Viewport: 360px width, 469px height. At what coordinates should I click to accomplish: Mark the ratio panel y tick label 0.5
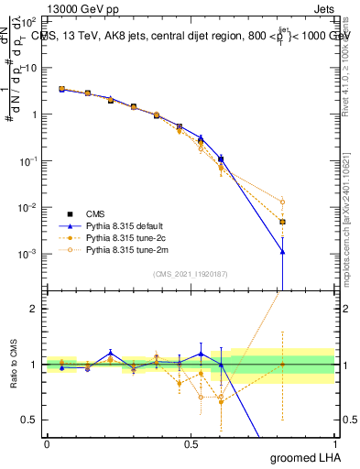pyautogui.click(x=29, y=420)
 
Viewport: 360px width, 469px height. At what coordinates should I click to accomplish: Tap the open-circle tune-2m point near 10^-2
pyautogui.click(x=283, y=202)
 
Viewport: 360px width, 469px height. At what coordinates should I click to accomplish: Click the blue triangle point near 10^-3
pyautogui.click(x=283, y=251)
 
